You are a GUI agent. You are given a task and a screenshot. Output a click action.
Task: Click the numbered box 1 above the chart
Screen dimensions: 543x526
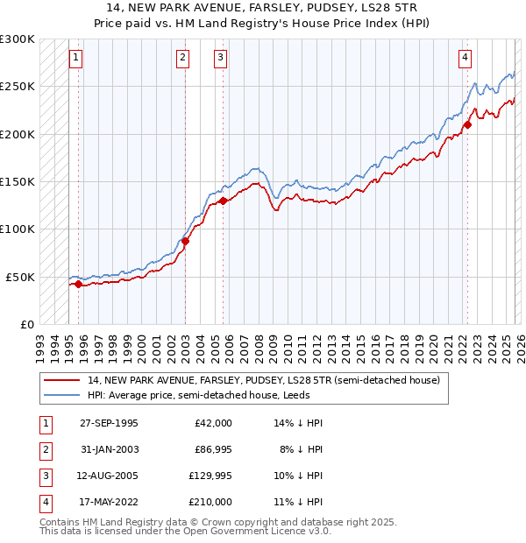click(x=76, y=59)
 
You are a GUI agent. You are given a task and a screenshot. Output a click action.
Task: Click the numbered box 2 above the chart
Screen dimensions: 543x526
click(x=182, y=59)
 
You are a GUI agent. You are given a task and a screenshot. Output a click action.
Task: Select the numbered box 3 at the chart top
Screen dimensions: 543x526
click(x=219, y=59)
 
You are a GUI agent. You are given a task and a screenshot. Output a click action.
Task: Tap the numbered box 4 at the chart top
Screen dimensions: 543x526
click(x=464, y=59)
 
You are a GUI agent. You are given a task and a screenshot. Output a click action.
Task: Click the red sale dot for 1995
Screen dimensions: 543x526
click(x=79, y=284)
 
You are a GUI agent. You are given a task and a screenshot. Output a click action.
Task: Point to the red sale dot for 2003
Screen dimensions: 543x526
click(x=186, y=241)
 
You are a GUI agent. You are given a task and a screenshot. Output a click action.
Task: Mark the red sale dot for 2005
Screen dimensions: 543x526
click(x=223, y=201)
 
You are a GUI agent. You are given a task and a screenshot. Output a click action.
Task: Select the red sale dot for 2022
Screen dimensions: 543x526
click(x=467, y=124)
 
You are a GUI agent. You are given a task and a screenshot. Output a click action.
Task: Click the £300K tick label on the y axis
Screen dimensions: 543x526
click(x=18, y=39)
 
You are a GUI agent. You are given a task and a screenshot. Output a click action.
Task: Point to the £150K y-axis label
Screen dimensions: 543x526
click(x=18, y=182)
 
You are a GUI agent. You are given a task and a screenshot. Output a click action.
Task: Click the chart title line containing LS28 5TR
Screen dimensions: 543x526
click(x=263, y=7)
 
